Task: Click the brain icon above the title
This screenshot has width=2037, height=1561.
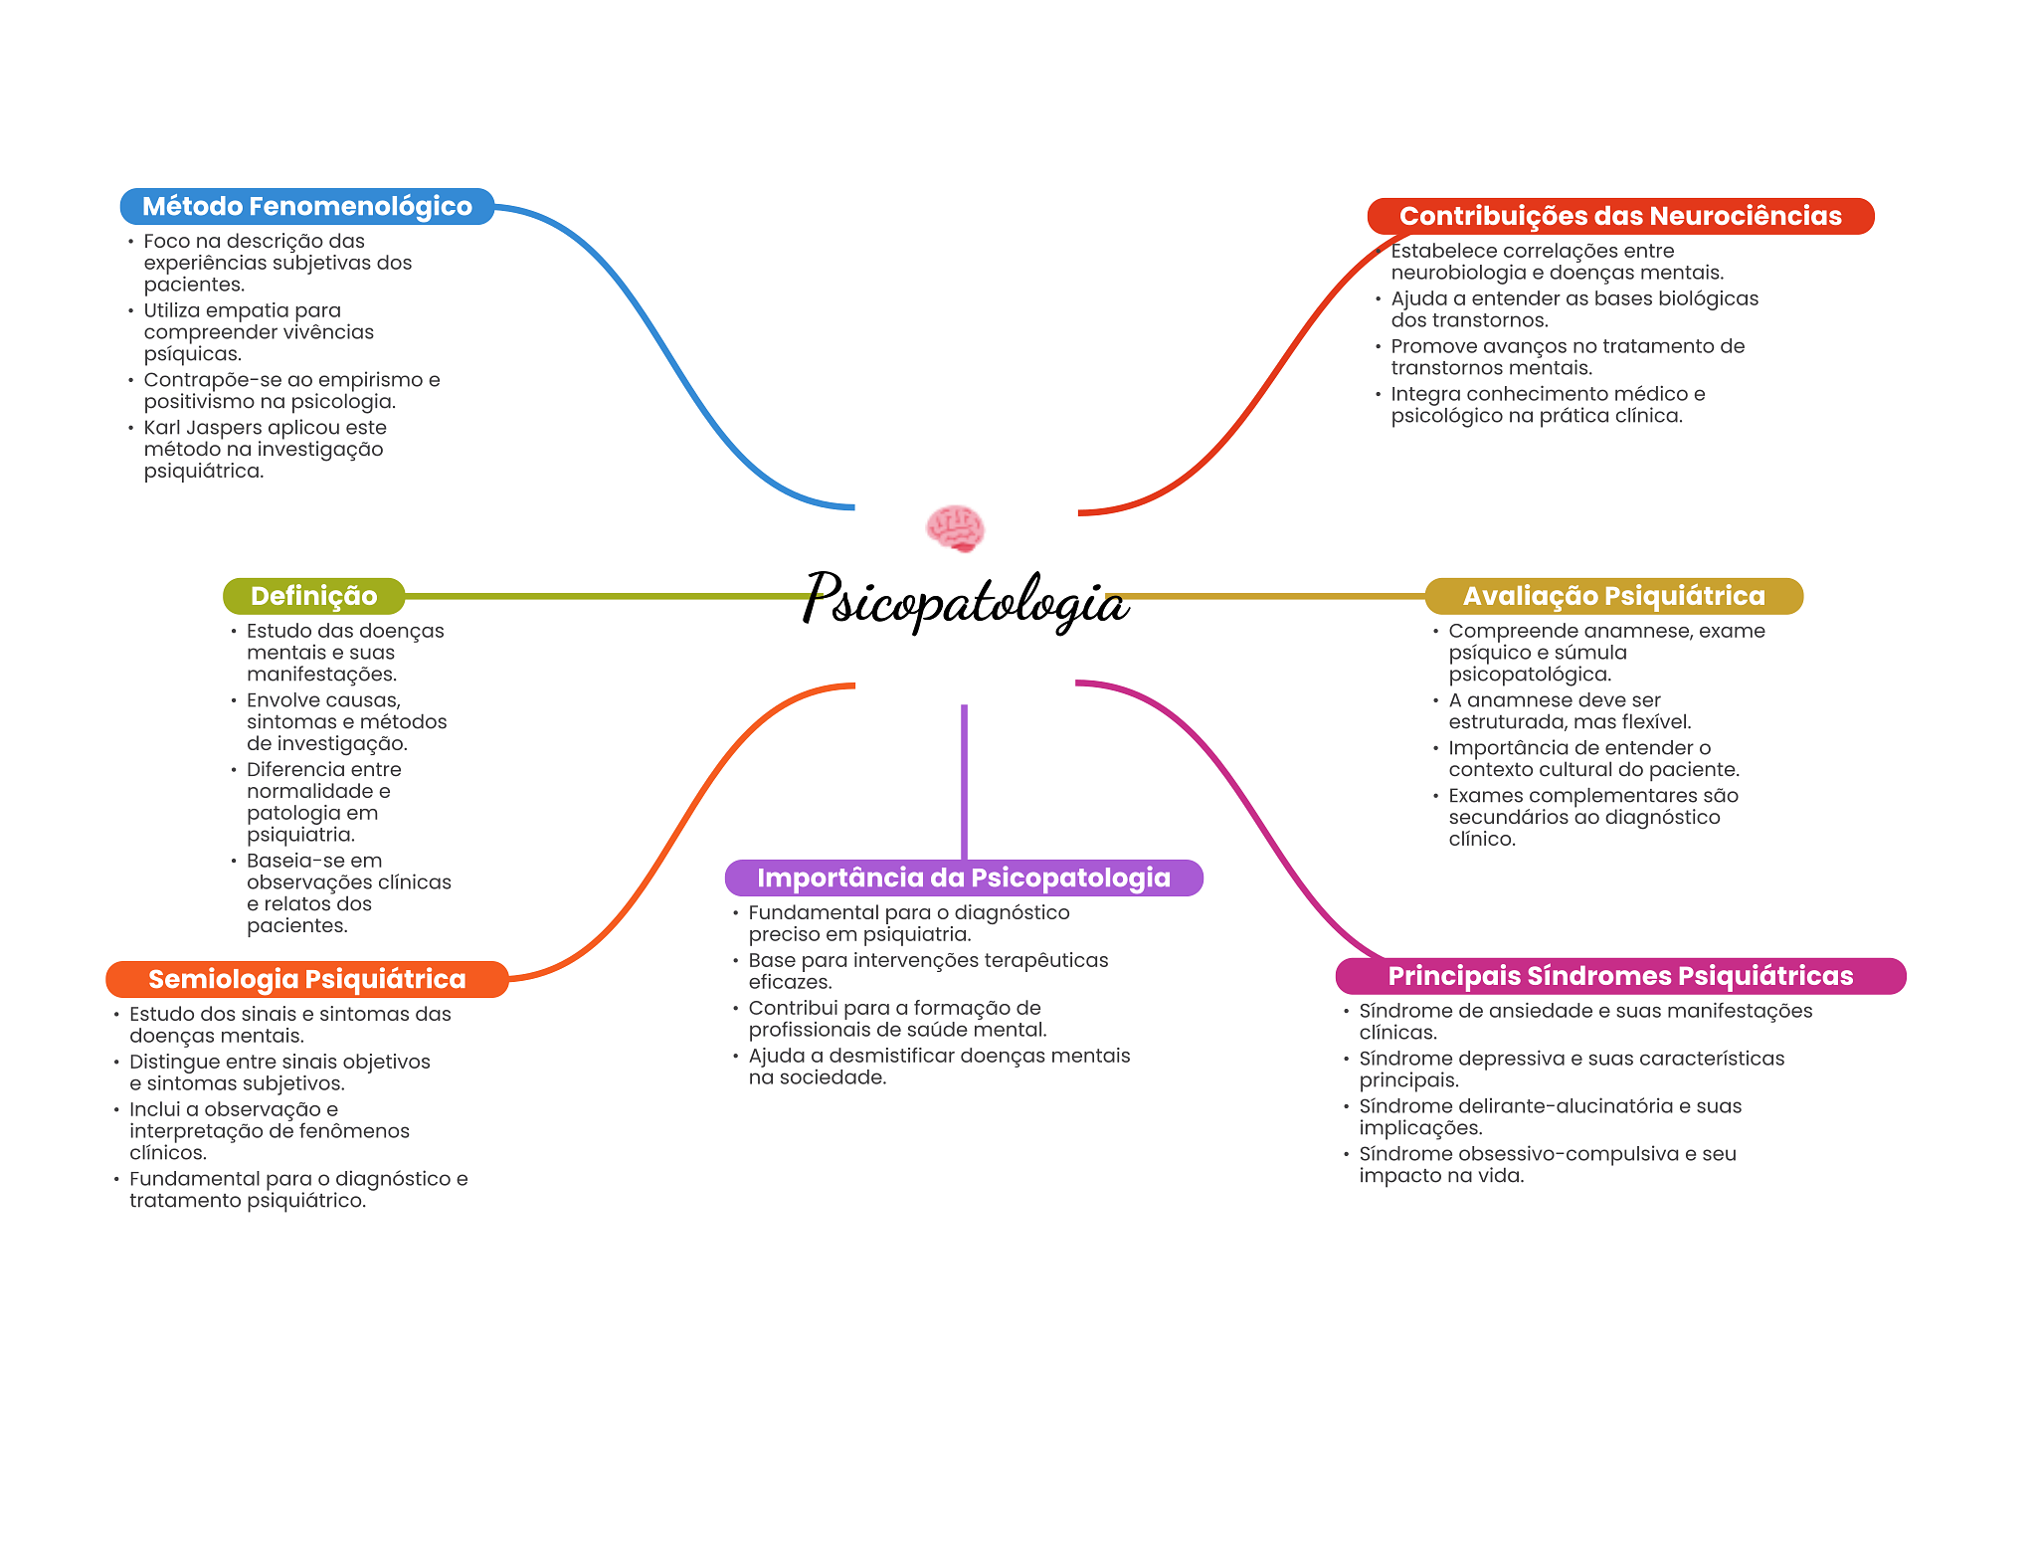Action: click(x=955, y=528)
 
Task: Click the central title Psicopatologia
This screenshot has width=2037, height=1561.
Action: click(x=965, y=601)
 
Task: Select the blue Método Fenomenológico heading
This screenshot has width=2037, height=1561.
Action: click(x=306, y=206)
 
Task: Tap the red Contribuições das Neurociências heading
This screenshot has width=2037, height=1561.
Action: click(x=1619, y=216)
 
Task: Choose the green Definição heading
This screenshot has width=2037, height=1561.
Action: click(x=313, y=596)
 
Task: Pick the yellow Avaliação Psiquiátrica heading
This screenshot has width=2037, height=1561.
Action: click(x=1613, y=596)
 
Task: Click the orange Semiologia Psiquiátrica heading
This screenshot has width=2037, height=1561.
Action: click(x=306, y=979)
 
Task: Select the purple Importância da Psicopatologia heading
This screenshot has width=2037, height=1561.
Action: click(x=963, y=878)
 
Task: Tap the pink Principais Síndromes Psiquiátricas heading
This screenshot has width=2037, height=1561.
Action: click(x=1619, y=976)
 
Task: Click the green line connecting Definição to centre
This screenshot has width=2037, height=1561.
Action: click(x=607, y=596)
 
